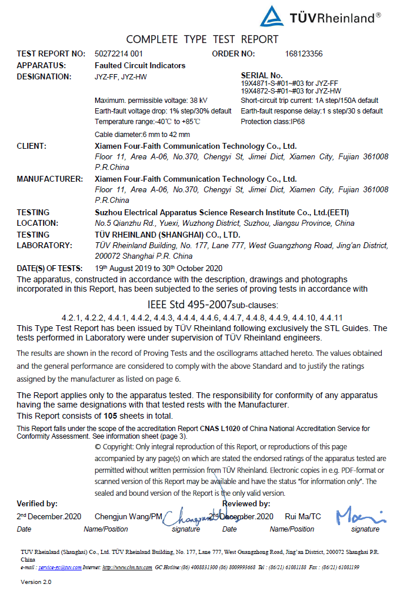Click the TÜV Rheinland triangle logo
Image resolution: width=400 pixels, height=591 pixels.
272,16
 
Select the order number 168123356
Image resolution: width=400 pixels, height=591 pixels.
303,54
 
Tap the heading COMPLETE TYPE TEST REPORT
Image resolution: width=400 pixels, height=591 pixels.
202,39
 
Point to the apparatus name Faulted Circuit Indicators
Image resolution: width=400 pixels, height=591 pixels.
140,65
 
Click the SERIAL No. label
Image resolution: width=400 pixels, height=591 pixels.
262,76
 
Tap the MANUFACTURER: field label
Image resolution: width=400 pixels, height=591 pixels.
49,179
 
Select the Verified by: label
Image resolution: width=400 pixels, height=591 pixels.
37,503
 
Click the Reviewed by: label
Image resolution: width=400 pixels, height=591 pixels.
246,503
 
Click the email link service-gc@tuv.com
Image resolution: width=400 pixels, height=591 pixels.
61,567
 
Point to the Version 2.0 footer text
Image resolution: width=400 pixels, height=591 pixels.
36,582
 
